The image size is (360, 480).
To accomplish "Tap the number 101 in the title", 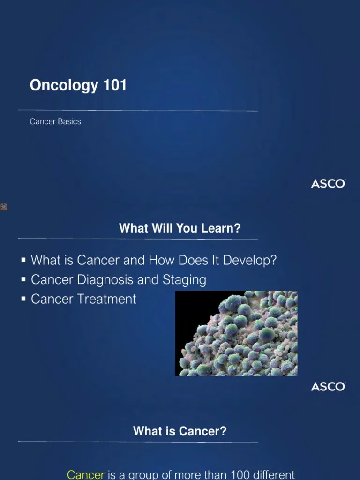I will (114, 85).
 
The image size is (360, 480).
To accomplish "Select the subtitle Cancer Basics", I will (55, 121).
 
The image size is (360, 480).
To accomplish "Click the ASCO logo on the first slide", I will (328, 184).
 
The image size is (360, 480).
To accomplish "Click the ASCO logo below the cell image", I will (328, 387).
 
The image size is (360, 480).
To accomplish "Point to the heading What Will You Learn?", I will (180, 228).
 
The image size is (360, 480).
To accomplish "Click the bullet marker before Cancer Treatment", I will (23, 299).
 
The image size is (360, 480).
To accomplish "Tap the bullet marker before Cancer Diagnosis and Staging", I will (23, 280).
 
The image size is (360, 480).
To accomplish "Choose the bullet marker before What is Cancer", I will (23, 260).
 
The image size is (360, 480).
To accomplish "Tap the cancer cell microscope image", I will (236, 333).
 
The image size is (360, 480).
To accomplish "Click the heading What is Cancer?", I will (180, 431).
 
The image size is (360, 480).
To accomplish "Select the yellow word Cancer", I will (86, 475).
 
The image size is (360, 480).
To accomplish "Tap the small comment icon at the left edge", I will (4, 207).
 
